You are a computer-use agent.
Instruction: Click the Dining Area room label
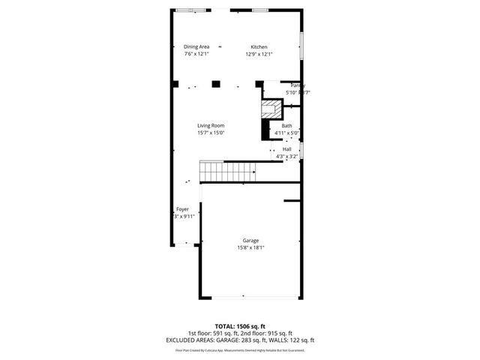pyautogui.click(x=196, y=46)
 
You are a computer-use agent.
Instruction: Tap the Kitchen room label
pyautogui.click(x=259, y=46)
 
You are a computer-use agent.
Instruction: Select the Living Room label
pyautogui.click(x=211, y=125)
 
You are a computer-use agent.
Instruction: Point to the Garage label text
pyautogui.click(x=250, y=241)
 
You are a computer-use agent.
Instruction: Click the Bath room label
pyautogui.click(x=287, y=125)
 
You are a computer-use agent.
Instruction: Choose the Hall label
pyautogui.click(x=287, y=149)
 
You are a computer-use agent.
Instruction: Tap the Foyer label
pyautogui.click(x=182, y=208)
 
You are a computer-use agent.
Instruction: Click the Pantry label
pyautogui.click(x=297, y=85)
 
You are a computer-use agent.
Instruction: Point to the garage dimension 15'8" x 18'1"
pyautogui.click(x=250, y=248)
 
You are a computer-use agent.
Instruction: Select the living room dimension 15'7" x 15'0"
pyautogui.click(x=211, y=133)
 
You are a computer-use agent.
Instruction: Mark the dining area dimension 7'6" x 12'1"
pyautogui.click(x=196, y=54)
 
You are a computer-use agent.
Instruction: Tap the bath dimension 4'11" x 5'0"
pyautogui.click(x=287, y=133)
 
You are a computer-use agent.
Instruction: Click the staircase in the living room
pyautogui.click(x=228, y=172)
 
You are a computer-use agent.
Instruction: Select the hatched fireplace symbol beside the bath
pyautogui.click(x=270, y=109)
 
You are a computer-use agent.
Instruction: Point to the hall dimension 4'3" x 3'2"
pyautogui.click(x=287, y=157)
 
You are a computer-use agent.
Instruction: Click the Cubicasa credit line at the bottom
pyautogui.click(x=240, y=349)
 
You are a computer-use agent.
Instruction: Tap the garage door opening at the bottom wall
pyautogui.click(x=250, y=298)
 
